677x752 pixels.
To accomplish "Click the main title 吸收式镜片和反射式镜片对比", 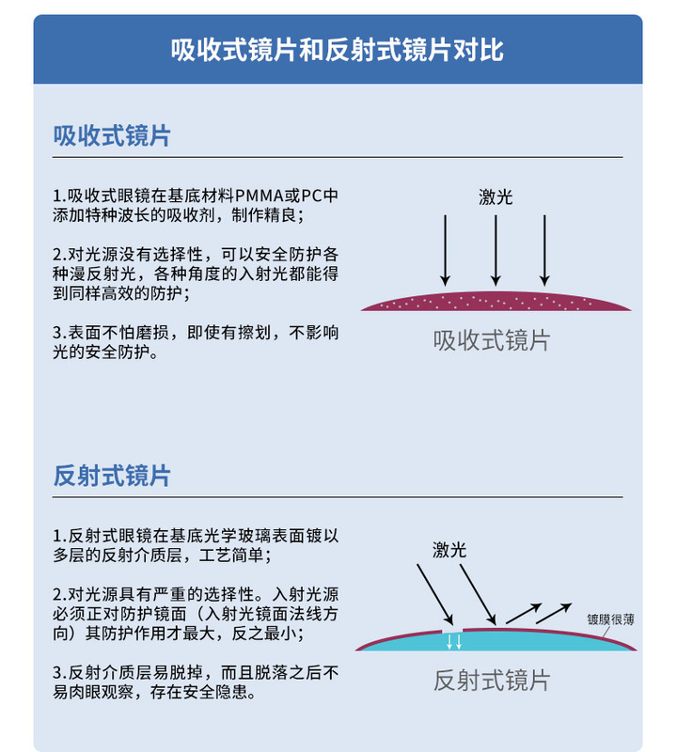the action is [338, 50].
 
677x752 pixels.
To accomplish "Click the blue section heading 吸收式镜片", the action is [112, 135].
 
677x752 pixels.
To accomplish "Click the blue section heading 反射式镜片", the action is [112, 476].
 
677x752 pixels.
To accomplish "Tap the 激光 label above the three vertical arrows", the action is [496, 197].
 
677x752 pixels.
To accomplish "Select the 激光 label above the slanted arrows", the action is [449, 550].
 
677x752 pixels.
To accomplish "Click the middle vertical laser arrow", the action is [496, 250].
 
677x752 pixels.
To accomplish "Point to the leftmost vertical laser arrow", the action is [446, 250].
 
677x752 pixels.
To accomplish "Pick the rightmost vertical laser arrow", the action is [544, 250].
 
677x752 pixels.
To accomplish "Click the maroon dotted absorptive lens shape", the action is [496, 302].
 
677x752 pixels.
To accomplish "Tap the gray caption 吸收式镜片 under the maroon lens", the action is [492, 341].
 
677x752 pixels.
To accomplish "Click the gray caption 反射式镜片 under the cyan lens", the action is [492, 681].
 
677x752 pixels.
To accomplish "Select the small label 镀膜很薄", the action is [610, 619].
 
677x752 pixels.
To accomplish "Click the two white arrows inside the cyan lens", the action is [454, 641].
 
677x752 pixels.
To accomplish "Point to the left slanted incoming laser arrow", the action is [435, 595].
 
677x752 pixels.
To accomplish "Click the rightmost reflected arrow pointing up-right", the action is [554, 613].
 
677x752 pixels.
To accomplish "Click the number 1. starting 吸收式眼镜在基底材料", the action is [59, 196].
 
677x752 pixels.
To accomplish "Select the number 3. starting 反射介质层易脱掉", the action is [59, 672].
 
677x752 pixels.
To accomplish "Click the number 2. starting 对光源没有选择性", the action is [59, 254].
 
